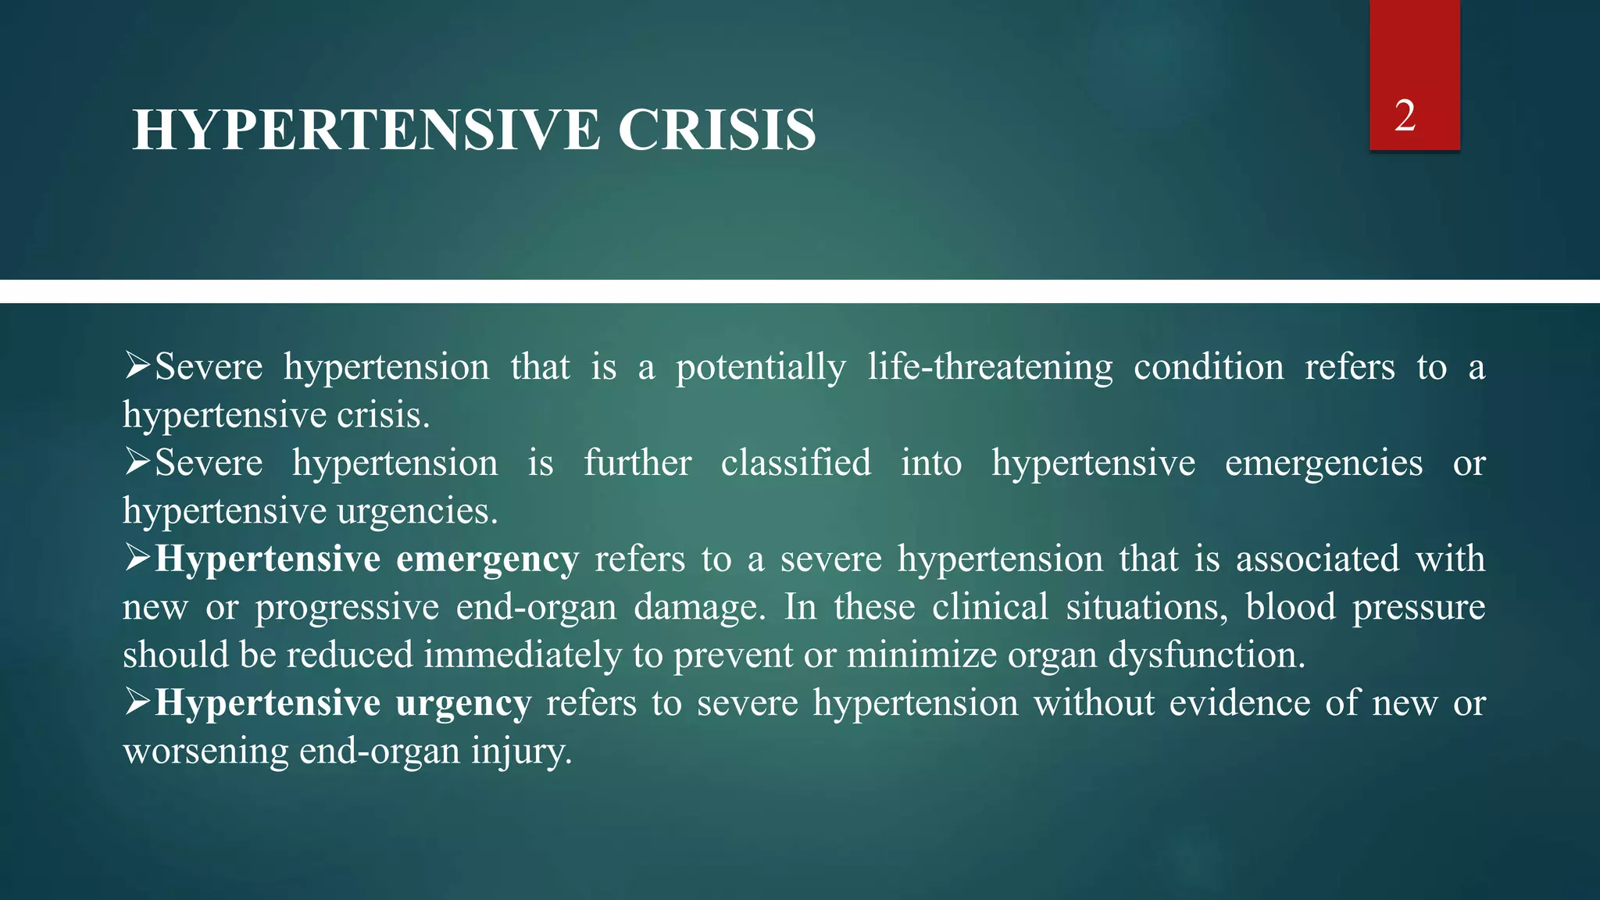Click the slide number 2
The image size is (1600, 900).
pyautogui.click(x=1405, y=116)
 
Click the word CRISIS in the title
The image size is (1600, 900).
pyautogui.click(x=716, y=130)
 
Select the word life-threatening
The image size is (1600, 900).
pyautogui.click(x=990, y=367)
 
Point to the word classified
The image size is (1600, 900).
pyautogui.click(x=795, y=463)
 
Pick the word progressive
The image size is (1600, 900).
pyautogui.click(x=347, y=609)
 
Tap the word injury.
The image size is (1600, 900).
pyautogui.click(x=521, y=752)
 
